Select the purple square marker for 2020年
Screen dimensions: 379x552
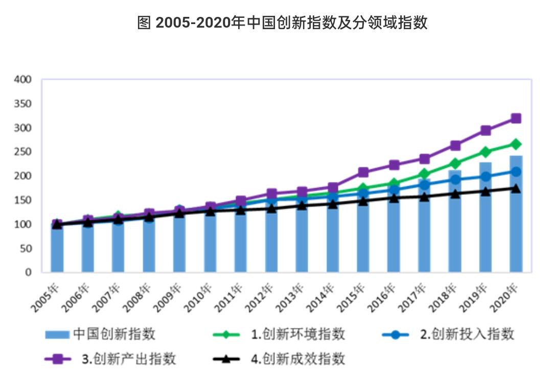point(516,119)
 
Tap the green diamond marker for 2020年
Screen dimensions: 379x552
point(516,144)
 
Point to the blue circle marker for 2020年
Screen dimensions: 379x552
point(516,172)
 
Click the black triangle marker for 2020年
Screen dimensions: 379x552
point(516,189)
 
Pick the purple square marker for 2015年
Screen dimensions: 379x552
point(363,172)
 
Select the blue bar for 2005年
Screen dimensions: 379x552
point(57,248)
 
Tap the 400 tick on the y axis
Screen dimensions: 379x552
point(24,80)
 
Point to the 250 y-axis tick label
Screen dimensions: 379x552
point(24,152)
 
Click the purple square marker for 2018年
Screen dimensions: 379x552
point(455,146)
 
